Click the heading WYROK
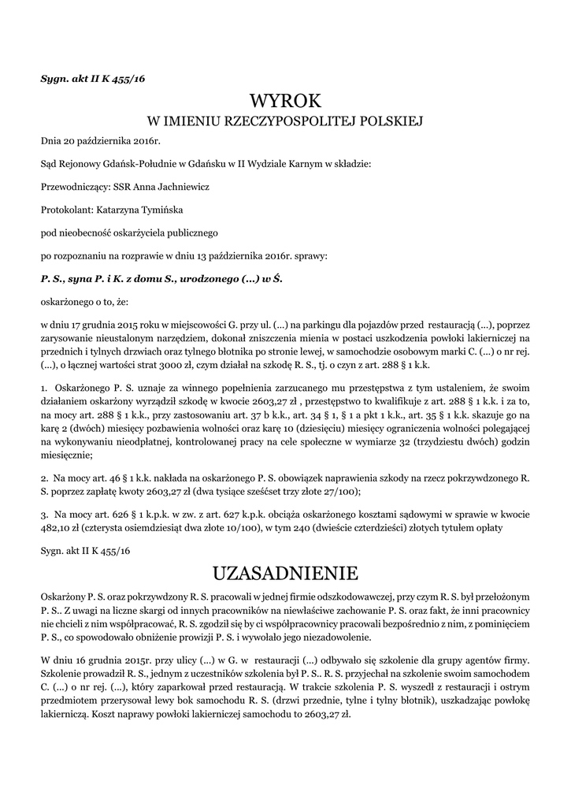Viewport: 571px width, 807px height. [285, 101]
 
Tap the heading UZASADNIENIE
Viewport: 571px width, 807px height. [285, 571]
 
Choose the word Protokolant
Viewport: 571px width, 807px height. [65, 210]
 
